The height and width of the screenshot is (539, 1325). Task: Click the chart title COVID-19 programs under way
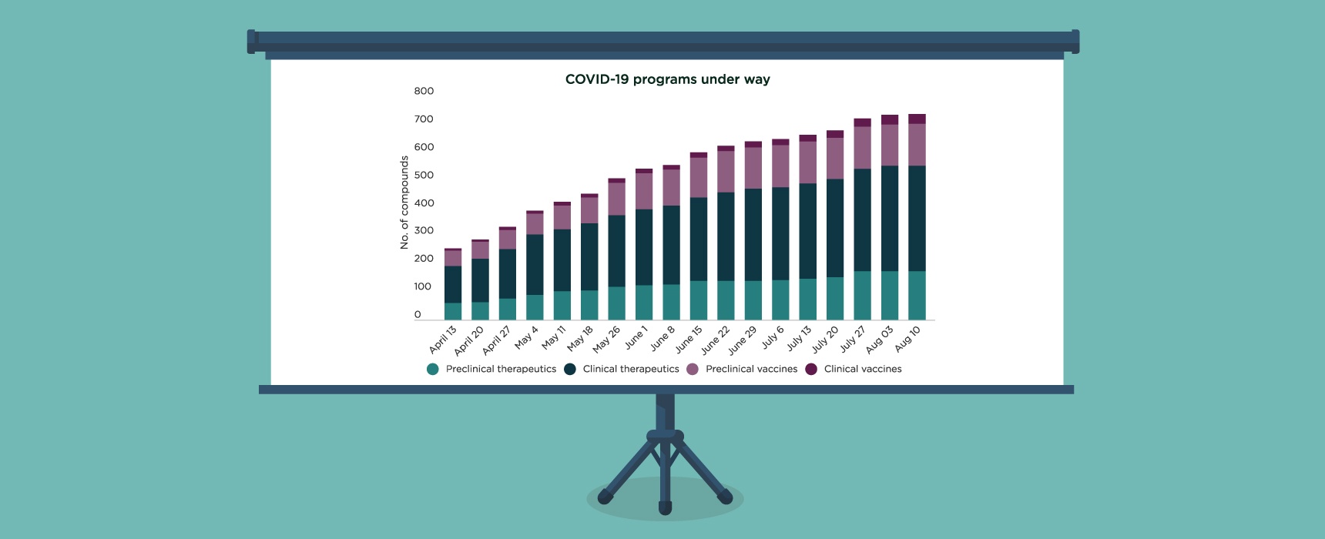click(x=667, y=79)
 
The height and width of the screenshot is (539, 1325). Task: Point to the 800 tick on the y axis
click(x=424, y=91)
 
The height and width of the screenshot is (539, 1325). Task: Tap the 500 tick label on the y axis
click(x=424, y=175)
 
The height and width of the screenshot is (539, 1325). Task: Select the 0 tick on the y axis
click(x=418, y=314)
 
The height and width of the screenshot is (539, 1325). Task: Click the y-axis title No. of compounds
click(x=404, y=203)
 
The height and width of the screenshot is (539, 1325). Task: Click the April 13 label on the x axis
click(x=443, y=339)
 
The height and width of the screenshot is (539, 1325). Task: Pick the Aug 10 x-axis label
click(x=907, y=339)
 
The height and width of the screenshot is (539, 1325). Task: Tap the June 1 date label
click(x=636, y=337)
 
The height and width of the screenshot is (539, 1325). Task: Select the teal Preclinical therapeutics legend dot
click(x=433, y=369)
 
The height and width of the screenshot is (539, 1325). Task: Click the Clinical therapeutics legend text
click(x=631, y=369)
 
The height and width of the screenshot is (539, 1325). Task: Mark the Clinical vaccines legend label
click(x=863, y=369)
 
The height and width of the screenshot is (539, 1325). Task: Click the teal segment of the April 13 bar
click(x=453, y=311)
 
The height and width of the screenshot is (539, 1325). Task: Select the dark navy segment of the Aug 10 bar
click(x=917, y=218)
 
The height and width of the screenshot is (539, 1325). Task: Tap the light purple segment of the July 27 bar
click(x=862, y=148)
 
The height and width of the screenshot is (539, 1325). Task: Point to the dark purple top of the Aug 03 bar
click(x=890, y=119)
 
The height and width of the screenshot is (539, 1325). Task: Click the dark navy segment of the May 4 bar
click(x=535, y=264)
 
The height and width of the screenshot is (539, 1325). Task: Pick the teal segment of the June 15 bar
click(x=699, y=300)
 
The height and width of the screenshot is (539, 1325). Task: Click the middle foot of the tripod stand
click(x=665, y=507)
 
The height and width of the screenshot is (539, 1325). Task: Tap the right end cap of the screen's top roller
click(x=1075, y=42)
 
